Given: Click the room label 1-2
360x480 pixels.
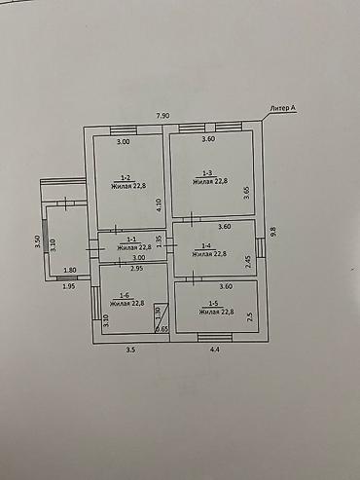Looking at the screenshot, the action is [126, 176].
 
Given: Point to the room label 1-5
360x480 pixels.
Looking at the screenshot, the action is [212, 305].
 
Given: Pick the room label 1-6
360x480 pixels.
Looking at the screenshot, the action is [125, 295].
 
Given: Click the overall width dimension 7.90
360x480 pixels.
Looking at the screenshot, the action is [163, 115].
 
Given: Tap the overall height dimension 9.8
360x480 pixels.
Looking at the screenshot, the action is [273, 231].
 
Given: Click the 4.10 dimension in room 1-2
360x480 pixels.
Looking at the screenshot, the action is [159, 206].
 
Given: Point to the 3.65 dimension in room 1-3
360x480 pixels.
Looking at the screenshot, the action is [246, 193].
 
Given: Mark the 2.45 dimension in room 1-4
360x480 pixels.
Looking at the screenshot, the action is [248, 261].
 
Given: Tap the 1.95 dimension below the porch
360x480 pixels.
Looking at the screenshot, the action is [69, 285].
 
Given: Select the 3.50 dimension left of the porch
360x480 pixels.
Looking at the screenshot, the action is [37, 243].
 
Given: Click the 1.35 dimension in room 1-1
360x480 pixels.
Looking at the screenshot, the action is [159, 240].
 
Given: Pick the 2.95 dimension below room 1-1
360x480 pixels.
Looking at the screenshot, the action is [136, 268].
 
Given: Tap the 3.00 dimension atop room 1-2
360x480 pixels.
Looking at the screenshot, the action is [124, 141].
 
